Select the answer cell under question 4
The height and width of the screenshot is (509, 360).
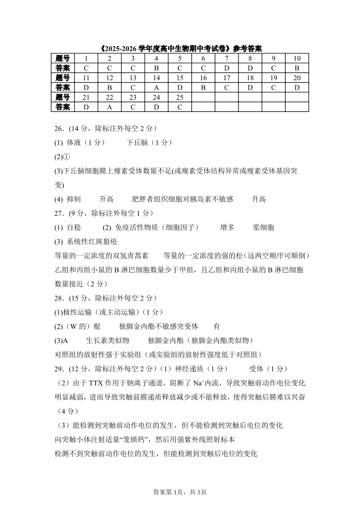tap(156, 68)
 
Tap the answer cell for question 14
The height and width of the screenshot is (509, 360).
tap(156, 87)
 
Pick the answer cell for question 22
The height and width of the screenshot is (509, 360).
tap(109, 107)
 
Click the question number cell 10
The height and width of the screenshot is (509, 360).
tap(297, 58)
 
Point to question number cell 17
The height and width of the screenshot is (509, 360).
tap(227, 78)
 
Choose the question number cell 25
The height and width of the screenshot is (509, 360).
tap(180, 97)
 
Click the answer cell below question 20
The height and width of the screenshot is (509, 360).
tap(297, 87)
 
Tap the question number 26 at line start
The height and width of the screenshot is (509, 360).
tap(58, 128)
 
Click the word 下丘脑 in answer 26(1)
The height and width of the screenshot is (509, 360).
tap(137, 142)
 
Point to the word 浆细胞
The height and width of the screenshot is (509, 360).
tap(263, 228)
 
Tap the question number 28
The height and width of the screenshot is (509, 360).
tap(58, 298)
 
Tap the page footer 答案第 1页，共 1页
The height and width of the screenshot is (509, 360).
tap(180, 492)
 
